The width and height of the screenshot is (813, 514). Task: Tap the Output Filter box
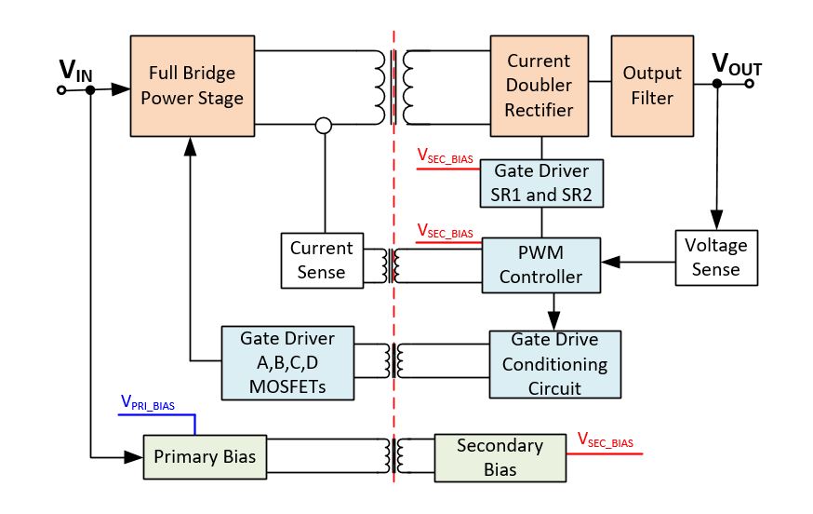pos(652,85)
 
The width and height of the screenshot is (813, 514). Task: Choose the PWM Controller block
pos(540,264)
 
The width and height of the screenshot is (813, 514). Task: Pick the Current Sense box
pos(321,260)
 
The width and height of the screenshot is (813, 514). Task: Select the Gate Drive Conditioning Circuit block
pos(553,363)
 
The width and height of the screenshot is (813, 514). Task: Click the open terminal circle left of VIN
pos(61,90)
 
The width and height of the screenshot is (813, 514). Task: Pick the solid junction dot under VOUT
pos(716,84)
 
